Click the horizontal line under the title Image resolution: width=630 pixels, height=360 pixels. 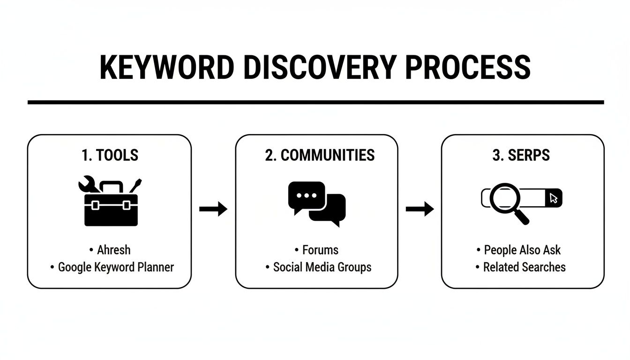point(315,102)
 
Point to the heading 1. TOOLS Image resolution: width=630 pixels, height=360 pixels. point(110,155)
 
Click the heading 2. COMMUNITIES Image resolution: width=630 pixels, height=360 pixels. point(320,155)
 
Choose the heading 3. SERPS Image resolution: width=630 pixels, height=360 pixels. point(521,155)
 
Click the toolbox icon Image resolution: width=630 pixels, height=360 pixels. point(111,209)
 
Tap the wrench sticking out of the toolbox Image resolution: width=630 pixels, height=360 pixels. point(88,186)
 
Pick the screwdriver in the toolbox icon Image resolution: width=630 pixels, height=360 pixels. point(135,185)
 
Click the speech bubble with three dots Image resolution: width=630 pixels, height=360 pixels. point(306,196)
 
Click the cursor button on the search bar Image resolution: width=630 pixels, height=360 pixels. point(554,198)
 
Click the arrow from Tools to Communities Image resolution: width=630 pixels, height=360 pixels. point(213,209)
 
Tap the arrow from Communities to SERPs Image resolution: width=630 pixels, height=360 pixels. point(420,209)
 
